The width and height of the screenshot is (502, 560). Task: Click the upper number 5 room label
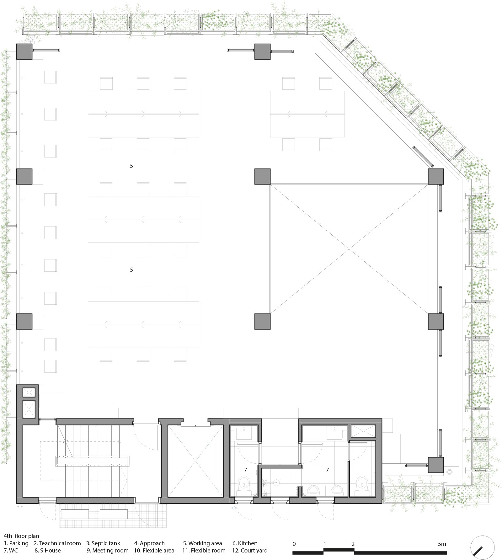click(131, 166)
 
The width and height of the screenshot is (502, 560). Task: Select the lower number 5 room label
click(131, 269)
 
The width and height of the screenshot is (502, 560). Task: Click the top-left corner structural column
click(24, 51)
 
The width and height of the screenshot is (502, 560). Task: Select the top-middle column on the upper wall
click(262, 51)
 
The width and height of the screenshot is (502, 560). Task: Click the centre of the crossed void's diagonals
click(349, 249)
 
